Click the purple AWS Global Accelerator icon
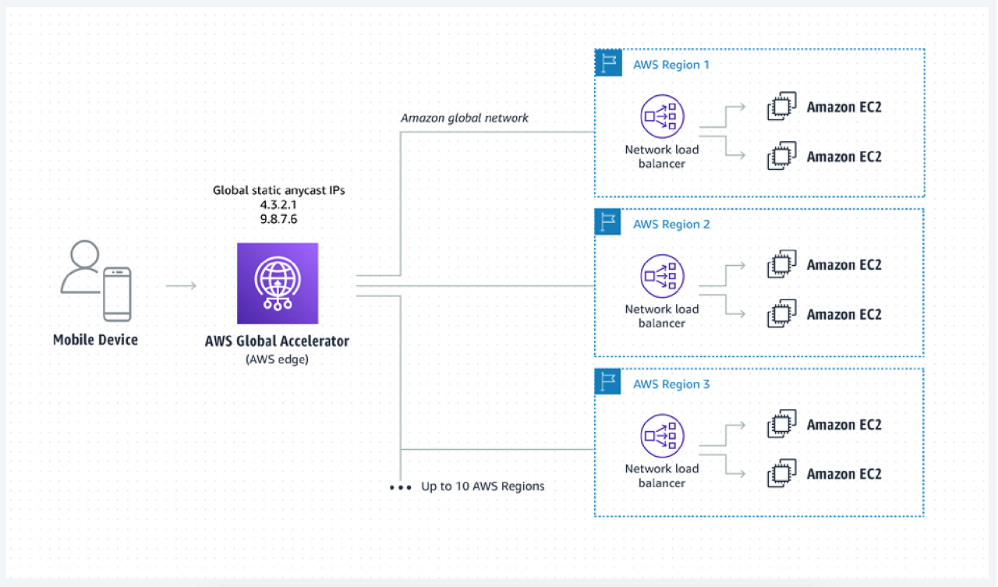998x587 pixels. tap(278, 283)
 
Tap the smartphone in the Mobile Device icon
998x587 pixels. tap(117, 294)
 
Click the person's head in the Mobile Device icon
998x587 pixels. tap(85, 254)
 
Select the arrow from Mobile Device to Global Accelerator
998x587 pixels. tap(181, 285)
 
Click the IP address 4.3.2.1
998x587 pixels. tap(278, 205)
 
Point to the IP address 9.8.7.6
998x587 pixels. tap(278, 219)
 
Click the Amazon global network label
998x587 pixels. tap(464, 118)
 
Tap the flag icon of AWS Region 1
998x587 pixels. tap(608, 63)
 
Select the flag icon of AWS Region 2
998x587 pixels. tap(607, 222)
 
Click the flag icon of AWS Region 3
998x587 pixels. tap(607, 382)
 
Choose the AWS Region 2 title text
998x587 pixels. tap(671, 224)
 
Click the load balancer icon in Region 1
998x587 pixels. tap(662, 116)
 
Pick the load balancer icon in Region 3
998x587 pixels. tap(662, 436)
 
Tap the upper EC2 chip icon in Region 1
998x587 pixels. tap(782, 106)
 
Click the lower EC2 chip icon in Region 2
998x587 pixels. tap(782, 313)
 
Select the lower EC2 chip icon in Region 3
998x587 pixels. tap(782, 473)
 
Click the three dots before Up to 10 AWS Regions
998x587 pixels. tap(400, 488)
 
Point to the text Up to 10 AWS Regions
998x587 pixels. tap(483, 486)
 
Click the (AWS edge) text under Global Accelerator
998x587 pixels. tap(277, 359)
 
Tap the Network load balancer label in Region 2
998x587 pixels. tap(662, 316)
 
